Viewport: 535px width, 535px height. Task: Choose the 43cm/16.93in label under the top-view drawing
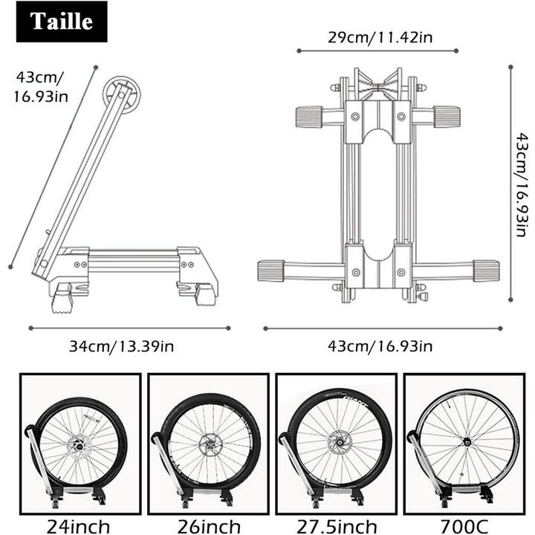click(380, 346)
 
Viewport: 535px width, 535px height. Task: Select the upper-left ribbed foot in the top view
click(308, 117)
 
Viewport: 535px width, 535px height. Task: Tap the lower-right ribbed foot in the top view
click(486, 270)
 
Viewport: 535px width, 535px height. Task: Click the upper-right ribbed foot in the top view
click(447, 117)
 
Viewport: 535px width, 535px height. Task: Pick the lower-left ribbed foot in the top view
click(271, 270)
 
